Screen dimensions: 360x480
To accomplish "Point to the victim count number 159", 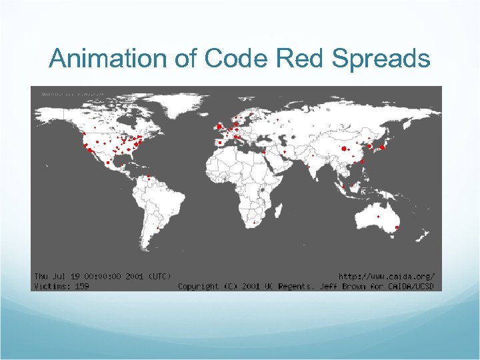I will (81, 286).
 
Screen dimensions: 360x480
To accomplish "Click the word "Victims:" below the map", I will (51, 286).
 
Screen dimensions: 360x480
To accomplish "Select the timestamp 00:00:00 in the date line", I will (108, 276).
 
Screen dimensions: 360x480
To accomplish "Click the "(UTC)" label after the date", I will (159, 276).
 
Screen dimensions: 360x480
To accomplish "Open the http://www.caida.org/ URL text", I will (387, 276).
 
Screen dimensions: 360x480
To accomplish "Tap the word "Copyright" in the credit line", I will (198, 286).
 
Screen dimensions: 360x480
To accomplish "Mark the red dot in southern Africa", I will (254, 222).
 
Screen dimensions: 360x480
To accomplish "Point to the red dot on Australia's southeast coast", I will (397, 228).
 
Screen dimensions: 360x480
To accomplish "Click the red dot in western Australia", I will (378, 217).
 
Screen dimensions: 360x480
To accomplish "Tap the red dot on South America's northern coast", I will (148, 177).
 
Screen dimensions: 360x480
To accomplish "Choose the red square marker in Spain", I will (219, 142).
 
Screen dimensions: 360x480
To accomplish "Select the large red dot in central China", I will (345, 149).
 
